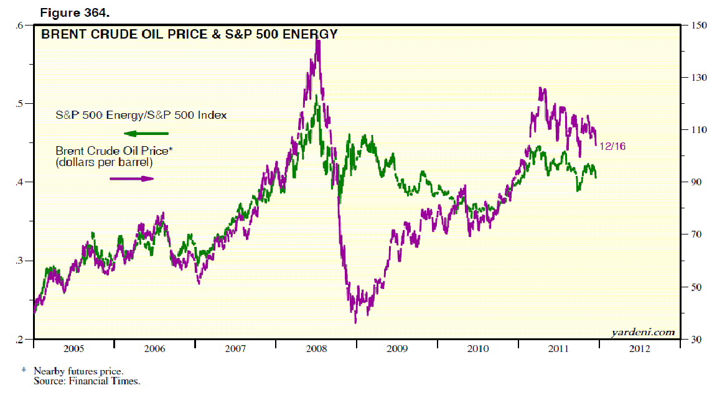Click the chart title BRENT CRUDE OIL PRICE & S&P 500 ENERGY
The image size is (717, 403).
(189, 35)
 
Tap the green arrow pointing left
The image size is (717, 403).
(146, 133)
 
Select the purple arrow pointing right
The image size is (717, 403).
(131, 178)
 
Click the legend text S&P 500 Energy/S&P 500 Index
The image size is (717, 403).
(141, 115)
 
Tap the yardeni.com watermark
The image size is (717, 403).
(642, 332)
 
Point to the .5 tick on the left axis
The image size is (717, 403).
(21, 103)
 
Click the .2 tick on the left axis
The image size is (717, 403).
(21, 340)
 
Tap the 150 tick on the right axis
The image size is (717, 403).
(698, 25)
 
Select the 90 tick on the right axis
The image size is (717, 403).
(696, 182)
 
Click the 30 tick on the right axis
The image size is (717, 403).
(696, 340)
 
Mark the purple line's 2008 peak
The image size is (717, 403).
(318, 41)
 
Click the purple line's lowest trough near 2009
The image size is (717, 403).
(355, 322)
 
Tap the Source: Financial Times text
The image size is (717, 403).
(87, 381)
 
